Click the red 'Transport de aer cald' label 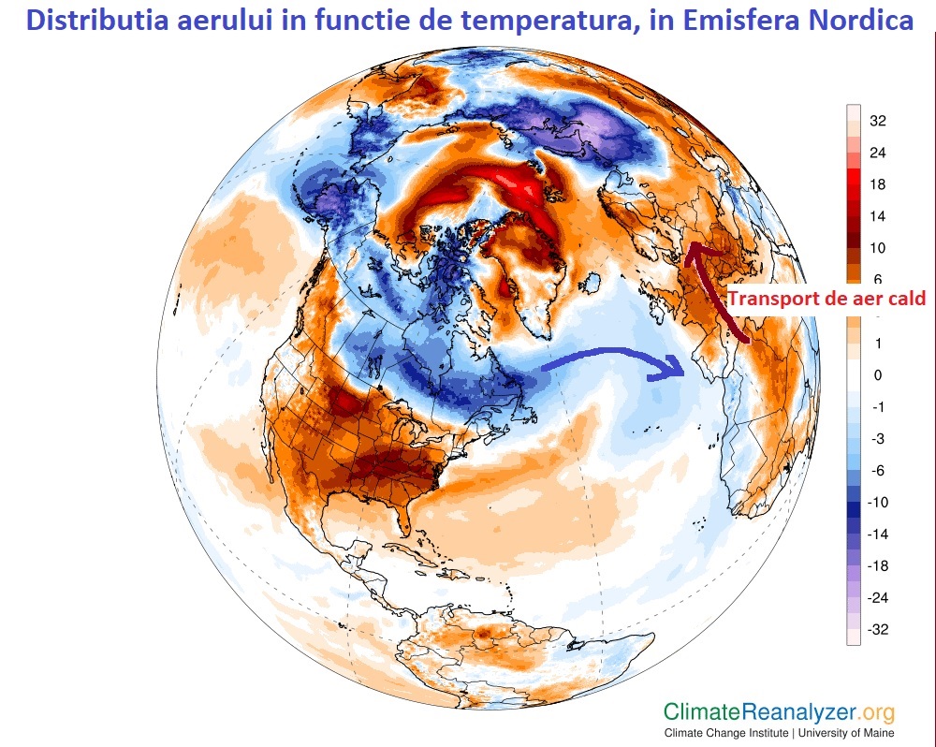(826, 299)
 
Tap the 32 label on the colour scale (877, 121)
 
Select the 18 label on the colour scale (877, 184)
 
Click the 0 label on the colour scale (877, 375)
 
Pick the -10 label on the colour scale (877, 503)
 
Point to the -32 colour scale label (877, 630)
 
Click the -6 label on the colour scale (877, 471)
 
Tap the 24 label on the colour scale (877, 153)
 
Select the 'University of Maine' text (846, 732)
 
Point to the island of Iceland (593, 282)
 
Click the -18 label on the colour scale (877, 566)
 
